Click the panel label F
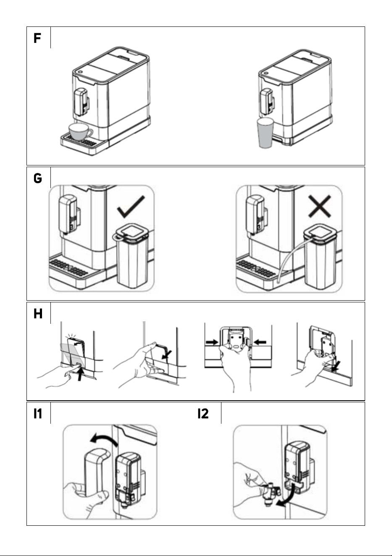click(37, 38)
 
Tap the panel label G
click(38, 178)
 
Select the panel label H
click(38, 314)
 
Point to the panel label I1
click(38, 414)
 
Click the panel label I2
click(203, 414)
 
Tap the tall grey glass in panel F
click(265, 133)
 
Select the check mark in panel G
click(131, 207)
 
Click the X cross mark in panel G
click(319, 206)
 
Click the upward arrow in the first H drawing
click(80, 374)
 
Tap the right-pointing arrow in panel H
click(212, 342)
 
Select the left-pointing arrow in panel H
click(260, 342)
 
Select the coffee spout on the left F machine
click(81, 102)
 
